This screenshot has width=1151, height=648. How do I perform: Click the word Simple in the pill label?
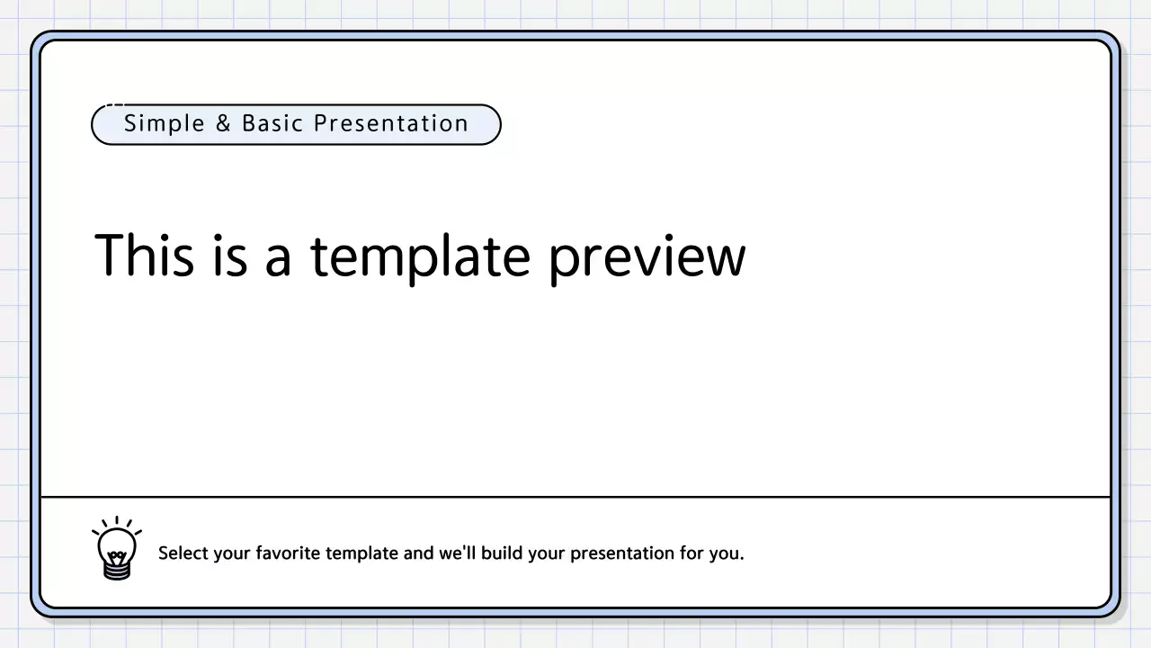(165, 124)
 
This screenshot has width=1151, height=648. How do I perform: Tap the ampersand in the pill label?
(223, 124)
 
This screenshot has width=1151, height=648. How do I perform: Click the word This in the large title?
(144, 255)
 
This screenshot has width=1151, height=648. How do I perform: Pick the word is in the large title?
(229, 255)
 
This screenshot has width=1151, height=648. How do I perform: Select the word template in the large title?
(420, 256)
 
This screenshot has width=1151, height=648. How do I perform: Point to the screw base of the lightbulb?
(117, 569)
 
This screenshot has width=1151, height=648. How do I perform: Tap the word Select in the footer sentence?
(183, 553)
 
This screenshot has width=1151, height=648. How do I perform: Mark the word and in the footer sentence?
(418, 553)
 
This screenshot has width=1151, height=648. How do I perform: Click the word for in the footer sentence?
(692, 553)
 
